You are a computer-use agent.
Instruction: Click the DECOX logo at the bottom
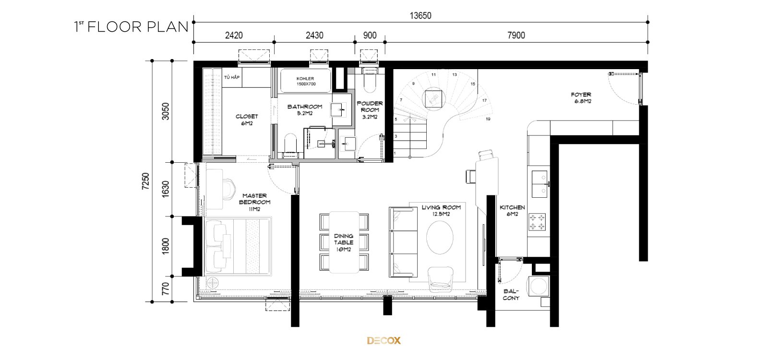(x=384, y=340)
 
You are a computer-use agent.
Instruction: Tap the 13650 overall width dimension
(x=420, y=16)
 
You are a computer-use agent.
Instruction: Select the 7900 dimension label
(x=516, y=36)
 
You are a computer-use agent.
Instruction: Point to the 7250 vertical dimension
(x=146, y=181)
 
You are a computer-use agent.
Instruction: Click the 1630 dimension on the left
(x=165, y=189)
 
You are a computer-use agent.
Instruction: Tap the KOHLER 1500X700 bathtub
(x=306, y=81)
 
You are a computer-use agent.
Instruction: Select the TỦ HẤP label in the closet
(x=232, y=77)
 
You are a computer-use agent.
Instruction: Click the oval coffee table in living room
(x=440, y=237)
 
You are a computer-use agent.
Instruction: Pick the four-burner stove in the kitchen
(x=537, y=222)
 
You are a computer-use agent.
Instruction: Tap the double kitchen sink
(x=540, y=184)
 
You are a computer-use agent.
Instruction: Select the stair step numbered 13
(x=455, y=74)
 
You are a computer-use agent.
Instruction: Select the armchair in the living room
(x=441, y=278)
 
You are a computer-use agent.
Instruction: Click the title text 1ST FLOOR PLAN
(x=132, y=27)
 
